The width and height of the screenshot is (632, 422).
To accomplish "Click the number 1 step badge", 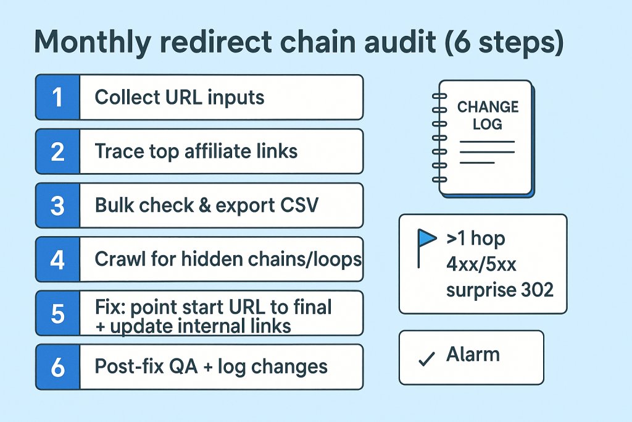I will pos(57,97).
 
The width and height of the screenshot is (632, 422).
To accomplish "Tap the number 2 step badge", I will pos(57,151).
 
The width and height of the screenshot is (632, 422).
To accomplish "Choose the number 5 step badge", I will pos(57,313).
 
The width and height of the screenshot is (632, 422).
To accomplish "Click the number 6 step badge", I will pos(57,367).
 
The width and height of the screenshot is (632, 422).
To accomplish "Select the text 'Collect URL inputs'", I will pos(179,97).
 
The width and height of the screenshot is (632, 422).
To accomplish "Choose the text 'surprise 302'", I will pos(499,289).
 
